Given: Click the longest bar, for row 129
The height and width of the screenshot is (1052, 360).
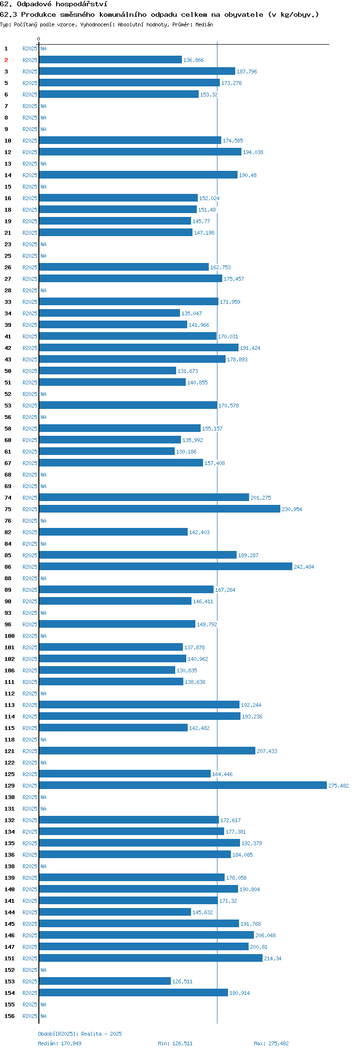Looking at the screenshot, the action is pos(183,785).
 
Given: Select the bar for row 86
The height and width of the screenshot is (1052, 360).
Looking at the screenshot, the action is pos(166,566).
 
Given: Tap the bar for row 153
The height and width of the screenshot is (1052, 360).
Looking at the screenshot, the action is pos(105,981).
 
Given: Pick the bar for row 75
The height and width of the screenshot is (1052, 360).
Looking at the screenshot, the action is pos(160,509).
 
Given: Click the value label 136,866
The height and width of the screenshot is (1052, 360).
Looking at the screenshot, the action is pos(193,60).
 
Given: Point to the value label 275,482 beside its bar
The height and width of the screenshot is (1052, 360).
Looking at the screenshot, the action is pos(338,786).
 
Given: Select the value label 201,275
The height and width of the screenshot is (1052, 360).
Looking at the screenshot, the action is pos(261,498).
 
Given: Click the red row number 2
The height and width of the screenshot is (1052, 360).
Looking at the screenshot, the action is pos(6,60).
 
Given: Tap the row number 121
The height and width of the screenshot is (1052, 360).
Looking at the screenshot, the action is pos(10,751).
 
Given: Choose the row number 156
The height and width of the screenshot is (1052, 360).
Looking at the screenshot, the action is pos(10,1016).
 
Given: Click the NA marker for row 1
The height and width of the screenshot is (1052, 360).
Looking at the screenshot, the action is pos(43,48).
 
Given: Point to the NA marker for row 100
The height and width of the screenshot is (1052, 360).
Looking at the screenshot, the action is pos(43,636).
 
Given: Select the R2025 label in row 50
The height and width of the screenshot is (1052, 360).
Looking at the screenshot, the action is pos(30,371).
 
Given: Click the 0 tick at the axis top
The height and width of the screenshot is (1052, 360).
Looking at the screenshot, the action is pos(39,39).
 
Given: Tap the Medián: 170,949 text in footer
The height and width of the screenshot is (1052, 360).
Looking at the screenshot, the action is pos(60,1043).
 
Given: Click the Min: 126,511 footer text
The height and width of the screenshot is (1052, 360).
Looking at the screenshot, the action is pos(175,1043).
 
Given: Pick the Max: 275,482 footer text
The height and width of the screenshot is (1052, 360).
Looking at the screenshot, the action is pos(271,1043).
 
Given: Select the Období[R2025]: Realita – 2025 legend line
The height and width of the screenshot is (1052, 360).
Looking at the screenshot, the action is pos(80,1034).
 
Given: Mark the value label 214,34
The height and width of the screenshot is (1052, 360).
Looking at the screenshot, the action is pos(273,958).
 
